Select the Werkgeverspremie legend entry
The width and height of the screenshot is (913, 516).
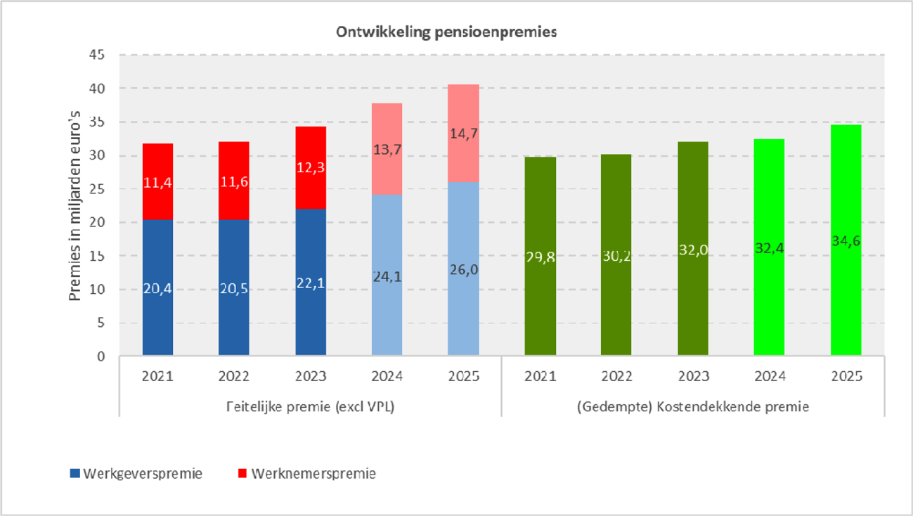[137, 474]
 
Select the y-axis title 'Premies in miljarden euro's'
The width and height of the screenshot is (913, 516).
[75, 206]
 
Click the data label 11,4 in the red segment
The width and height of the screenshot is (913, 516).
[157, 183]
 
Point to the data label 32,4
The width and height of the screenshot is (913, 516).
[769, 248]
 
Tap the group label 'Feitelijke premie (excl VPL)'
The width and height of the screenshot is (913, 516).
[310, 407]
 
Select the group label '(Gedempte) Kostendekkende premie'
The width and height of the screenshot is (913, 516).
[692, 407]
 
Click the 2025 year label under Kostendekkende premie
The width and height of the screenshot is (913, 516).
[846, 377]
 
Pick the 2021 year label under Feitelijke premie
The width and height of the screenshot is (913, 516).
[157, 377]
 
